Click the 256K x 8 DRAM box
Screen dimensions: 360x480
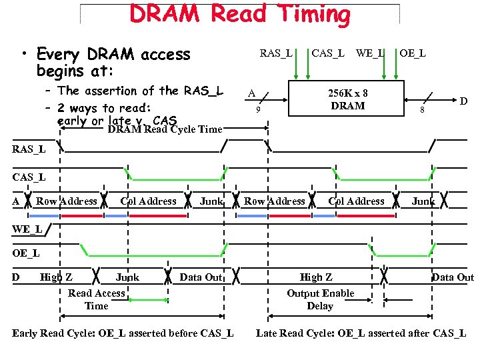[347, 99]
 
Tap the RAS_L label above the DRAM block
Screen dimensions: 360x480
[275, 53]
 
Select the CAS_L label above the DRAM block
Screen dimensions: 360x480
[328, 53]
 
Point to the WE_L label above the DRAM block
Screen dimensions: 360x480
[370, 53]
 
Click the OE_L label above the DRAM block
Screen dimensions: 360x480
[413, 53]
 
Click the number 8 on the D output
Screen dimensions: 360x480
[421, 110]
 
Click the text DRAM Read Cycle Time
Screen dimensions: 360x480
[165, 129]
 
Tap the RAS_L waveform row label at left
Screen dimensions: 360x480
[29, 149]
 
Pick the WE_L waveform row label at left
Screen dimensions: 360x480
[27, 229]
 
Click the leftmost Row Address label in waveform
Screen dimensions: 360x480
[67, 201]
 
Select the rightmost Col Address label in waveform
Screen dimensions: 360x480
[356, 201]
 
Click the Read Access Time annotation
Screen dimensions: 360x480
[96, 299]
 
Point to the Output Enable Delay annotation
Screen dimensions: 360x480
[320, 299]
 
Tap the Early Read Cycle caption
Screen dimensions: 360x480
[123, 333]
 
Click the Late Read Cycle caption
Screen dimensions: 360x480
[361, 333]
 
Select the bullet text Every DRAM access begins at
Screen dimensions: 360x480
[113, 61]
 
